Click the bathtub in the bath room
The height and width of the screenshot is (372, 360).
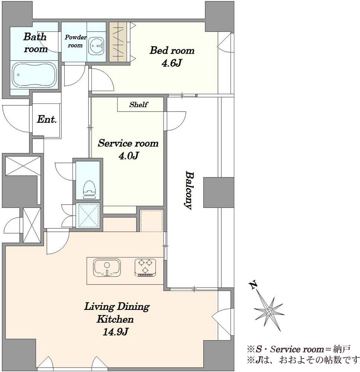(34, 75)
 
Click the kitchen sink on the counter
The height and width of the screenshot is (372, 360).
(107, 268)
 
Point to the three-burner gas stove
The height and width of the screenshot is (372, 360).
(145, 268)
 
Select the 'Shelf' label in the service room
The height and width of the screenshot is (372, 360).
(139, 105)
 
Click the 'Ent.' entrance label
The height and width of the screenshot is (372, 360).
(47, 119)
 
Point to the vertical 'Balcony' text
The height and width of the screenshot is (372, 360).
(189, 190)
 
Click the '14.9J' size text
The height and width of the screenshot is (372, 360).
(115, 332)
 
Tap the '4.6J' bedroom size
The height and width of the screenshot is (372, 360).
(171, 63)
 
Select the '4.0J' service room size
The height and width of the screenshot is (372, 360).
(128, 156)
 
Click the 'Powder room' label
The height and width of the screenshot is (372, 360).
(75, 41)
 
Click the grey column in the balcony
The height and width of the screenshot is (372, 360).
(219, 193)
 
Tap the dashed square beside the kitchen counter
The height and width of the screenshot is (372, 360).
(151, 221)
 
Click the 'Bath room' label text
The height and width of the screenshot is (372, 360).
(35, 43)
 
